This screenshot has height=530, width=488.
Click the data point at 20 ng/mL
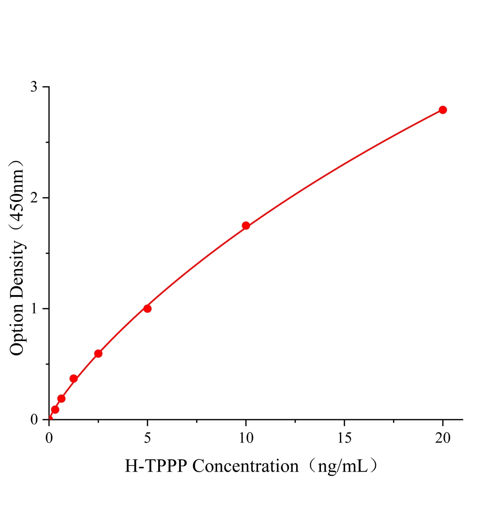click(x=442, y=110)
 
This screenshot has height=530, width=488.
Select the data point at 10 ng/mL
click(x=246, y=226)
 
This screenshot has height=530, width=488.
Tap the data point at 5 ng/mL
click(x=147, y=308)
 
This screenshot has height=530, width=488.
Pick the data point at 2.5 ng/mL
click(x=98, y=353)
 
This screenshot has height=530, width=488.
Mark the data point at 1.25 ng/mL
click(x=74, y=379)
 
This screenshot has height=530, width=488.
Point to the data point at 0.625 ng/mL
click(x=61, y=398)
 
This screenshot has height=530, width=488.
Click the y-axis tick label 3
click(x=34, y=87)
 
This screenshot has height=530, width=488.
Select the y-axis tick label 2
click(x=34, y=198)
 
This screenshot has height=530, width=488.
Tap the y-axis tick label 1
click(x=34, y=309)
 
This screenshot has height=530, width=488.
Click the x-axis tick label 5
click(x=147, y=438)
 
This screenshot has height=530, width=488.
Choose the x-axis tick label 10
click(x=246, y=438)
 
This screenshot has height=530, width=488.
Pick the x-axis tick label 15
click(x=344, y=438)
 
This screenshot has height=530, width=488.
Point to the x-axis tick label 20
click(x=442, y=438)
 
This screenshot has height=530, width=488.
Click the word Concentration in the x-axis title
click(x=246, y=466)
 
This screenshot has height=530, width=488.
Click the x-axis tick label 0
click(x=49, y=438)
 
